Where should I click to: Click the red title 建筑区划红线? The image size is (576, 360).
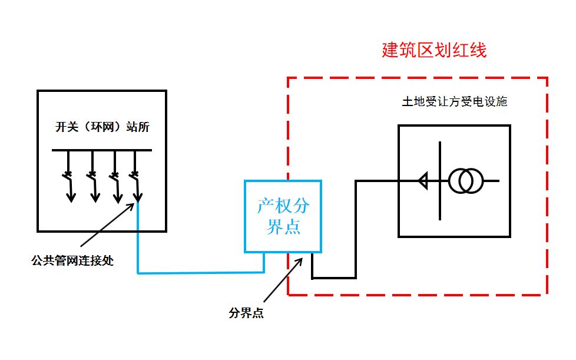(434, 51)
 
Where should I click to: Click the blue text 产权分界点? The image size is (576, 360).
(283, 216)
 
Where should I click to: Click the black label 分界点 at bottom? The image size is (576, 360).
(246, 313)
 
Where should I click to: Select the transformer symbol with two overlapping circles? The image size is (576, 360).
(466, 180)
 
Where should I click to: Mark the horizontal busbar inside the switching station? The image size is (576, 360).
(101, 151)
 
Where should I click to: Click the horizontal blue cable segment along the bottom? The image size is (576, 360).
(200, 273)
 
